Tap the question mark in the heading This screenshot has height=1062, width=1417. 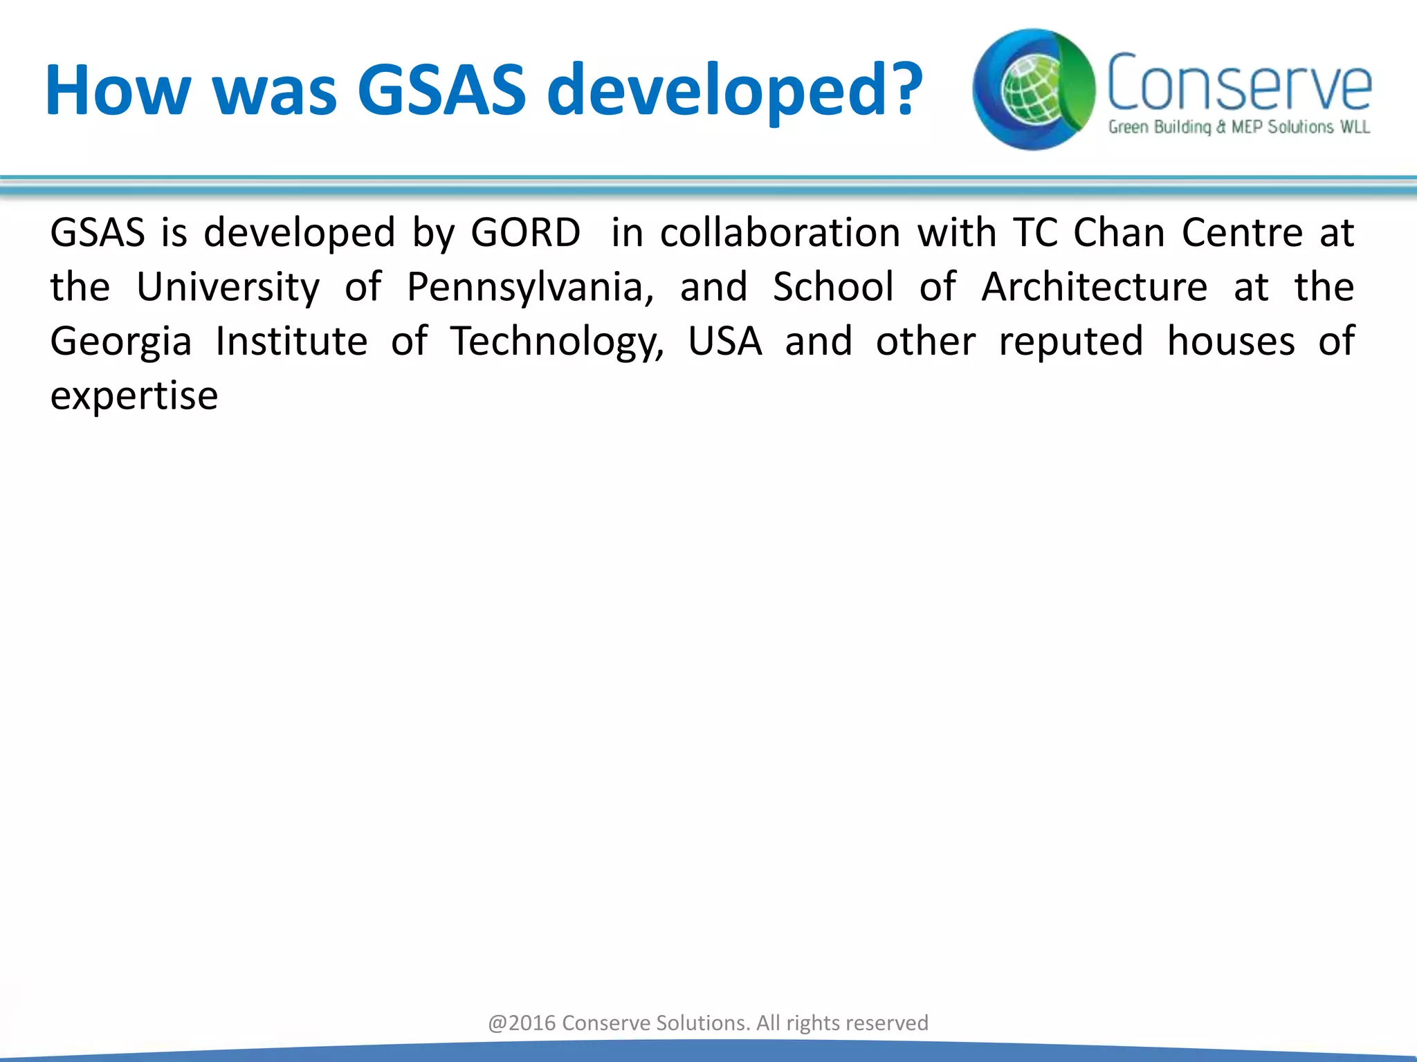897,89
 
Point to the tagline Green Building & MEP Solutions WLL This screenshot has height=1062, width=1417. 1238,127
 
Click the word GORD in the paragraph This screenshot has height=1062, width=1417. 525,232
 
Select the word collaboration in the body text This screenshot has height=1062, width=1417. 780,232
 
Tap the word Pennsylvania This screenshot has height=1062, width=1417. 530,287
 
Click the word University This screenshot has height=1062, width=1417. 228,287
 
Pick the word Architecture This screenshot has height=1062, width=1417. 1095,287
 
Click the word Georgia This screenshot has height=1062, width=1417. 120,342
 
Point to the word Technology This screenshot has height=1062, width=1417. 557,342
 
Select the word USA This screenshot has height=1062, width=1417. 724,342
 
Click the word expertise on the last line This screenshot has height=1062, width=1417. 134,397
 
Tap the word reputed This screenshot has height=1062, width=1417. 1070,342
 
